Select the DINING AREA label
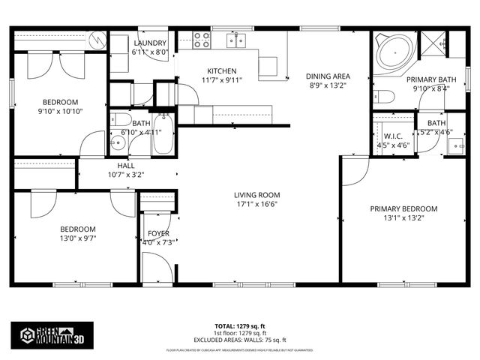pyautogui.click(x=329, y=76)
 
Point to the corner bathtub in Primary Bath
pyautogui.click(x=392, y=53)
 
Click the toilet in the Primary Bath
pyautogui.click(x=385, y=97)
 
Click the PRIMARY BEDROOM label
pyautogui.click(x=403, y=209)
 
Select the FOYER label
pyautogui.click(x=158, y=232)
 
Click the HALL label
pyautogui.click(x=126, y=165)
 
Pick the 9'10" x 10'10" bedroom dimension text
pyautogui.click(x=61, y=111)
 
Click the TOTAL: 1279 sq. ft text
pyautogui.click(x=239, y=326)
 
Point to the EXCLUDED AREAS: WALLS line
pyautogui.click(x=239, y=339)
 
